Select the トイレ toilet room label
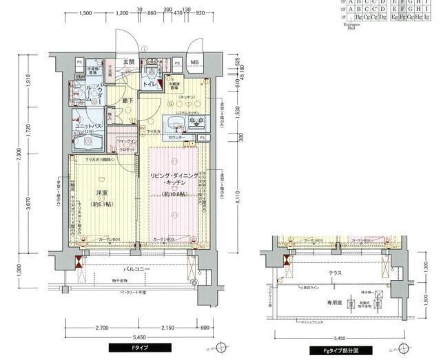[x=148, y=84]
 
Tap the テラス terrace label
[x=335, y=273]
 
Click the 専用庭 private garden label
[x=336, y=301]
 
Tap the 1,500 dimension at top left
[x=85, y=13]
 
